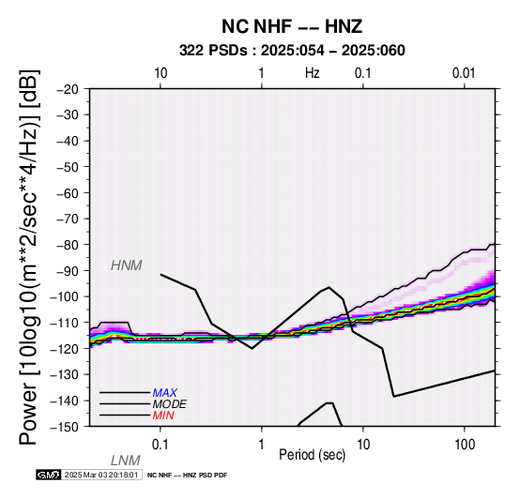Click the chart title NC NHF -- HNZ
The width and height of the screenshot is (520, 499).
292,26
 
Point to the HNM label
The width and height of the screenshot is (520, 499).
127,265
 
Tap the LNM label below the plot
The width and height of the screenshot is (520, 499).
126,461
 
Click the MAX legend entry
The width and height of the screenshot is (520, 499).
165,393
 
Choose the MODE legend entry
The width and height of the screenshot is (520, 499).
170,404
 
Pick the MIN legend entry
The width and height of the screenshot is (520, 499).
163,416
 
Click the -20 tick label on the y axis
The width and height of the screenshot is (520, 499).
68,89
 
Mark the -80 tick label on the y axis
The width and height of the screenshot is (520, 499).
68,245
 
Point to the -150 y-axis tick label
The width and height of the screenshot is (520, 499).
65,427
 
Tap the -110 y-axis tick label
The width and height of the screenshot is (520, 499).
65,323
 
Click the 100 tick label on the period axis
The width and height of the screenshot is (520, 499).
465,445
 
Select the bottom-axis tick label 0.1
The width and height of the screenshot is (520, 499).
161,445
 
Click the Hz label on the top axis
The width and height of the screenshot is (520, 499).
313,73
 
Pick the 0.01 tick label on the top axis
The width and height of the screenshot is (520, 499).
464,73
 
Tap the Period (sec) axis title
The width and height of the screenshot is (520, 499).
313,455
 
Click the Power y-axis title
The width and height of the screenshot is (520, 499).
29,257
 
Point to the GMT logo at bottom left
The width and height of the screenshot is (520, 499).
49,475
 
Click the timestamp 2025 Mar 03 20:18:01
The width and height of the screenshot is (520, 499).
101,475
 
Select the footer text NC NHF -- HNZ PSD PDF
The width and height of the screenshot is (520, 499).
188,476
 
